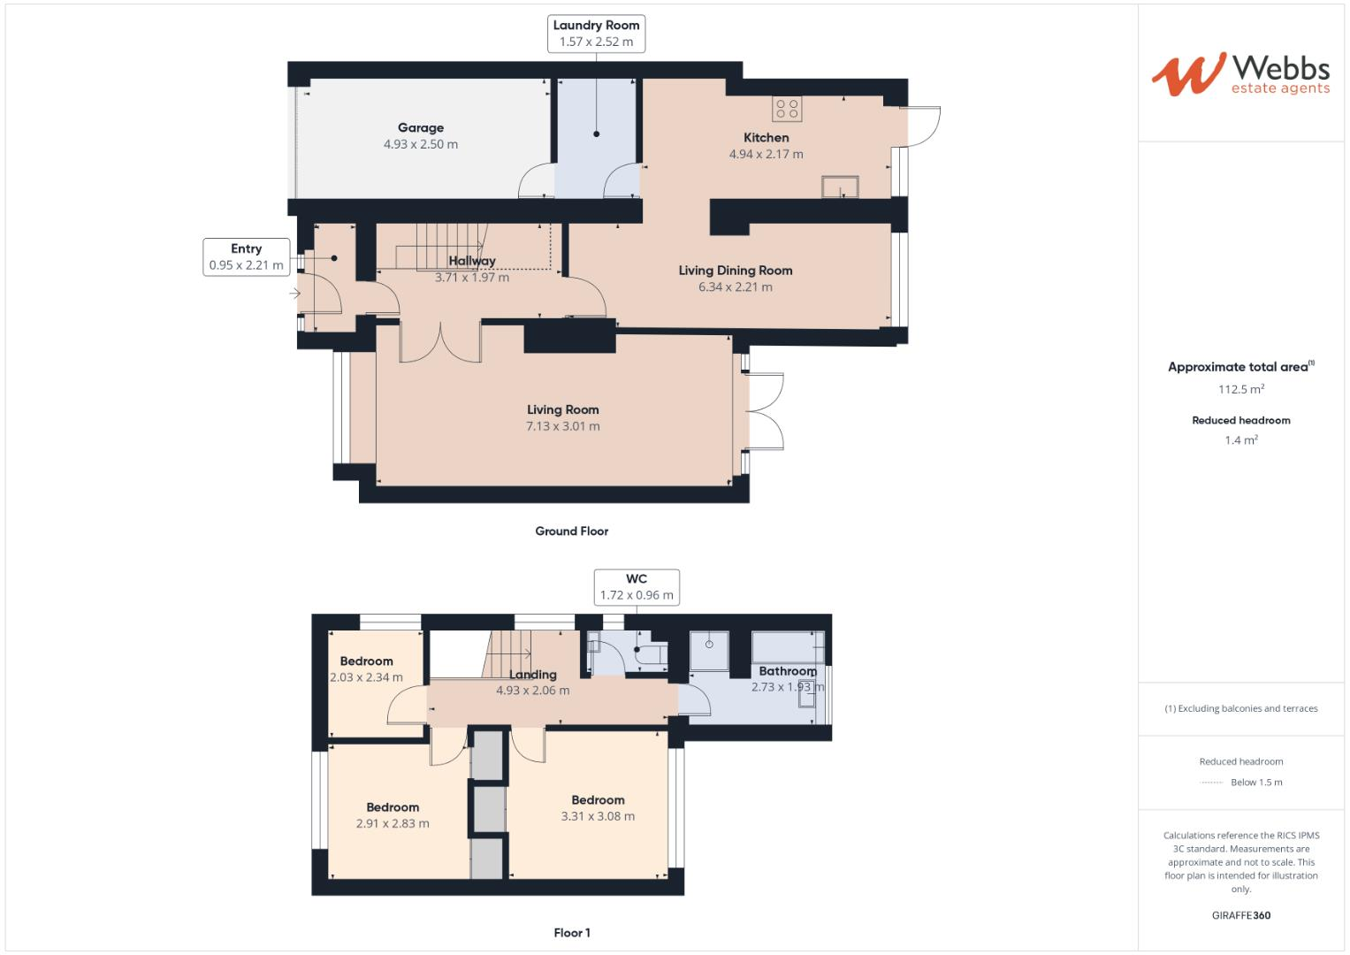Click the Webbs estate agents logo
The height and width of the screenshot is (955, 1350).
tap(1240, 74)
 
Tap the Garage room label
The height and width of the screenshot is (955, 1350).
tap(420, 128)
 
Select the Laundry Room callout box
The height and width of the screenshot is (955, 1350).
tap(596, 34)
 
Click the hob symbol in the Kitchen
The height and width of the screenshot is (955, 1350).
tap(786, 109)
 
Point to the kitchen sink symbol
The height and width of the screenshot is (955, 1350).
tap(840, 187)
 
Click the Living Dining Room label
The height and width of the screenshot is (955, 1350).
tap(735, 271)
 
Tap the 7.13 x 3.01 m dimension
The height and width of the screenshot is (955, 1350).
tap(562, 426)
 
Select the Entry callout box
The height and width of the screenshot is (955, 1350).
tap(246, 256)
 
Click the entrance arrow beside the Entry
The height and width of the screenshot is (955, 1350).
tap(294, 293)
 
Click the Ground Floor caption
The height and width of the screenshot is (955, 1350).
tap(571, 531)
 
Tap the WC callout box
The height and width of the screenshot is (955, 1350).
tap(637, 587)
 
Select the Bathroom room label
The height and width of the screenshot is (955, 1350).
tap(787, 671)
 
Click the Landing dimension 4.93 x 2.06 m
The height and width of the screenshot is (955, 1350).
tap(532, 691)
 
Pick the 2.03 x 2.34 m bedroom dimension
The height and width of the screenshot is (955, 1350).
tap(366, 678)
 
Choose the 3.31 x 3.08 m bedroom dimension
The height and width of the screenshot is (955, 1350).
tap(598, 816)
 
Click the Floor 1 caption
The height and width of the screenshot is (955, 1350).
tap(571, 933)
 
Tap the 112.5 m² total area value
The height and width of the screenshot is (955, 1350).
tap(1240, 389)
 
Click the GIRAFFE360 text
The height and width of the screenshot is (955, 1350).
tap(1240, 915)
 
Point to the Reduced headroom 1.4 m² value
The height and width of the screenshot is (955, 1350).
tap(1240, 440)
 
